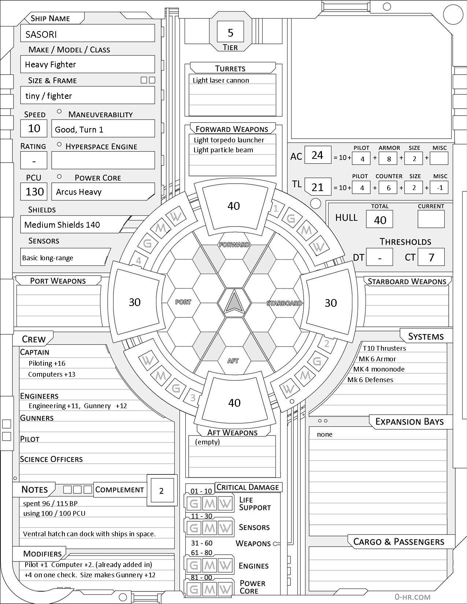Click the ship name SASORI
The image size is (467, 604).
41,34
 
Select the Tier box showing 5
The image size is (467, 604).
230,33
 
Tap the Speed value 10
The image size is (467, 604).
34,128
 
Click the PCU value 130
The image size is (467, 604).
34,192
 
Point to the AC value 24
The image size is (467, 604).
317,156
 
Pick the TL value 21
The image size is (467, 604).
317,187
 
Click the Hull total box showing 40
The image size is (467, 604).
380,220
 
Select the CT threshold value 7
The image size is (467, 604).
431,257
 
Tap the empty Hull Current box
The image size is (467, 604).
431,219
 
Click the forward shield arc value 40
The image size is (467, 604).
234,206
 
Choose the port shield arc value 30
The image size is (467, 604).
135,302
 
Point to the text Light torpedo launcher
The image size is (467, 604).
229,140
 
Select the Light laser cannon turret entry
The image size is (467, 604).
221,81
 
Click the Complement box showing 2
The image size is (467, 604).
162,491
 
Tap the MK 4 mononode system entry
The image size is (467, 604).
379,369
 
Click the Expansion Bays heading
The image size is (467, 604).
409,422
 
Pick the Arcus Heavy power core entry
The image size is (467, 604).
79,192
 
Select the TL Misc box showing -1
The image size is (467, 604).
440,188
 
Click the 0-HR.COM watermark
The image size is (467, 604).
412,597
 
